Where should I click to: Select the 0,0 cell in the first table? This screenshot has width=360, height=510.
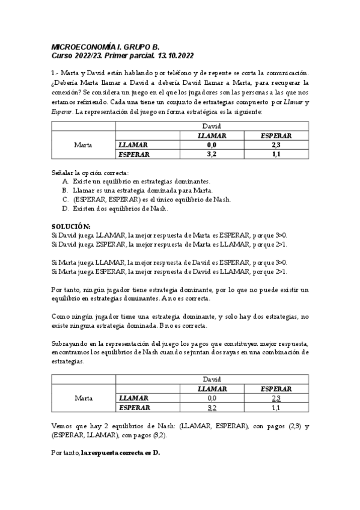pyautogui.click(x=212, y=145)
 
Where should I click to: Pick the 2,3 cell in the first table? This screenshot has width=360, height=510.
pyautogui.click(x=276, y=145)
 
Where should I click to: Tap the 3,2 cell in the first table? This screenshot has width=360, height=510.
pyautogui.click(x=212, y=154)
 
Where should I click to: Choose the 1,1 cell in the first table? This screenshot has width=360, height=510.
pyautogui.click(x=276, y=154)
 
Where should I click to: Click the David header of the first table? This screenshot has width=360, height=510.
pyautogui.click(x=212, y=126)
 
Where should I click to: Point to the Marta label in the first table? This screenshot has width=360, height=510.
pyautogui.click(x=83, y=145)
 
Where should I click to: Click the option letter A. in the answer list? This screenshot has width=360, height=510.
pyautogui.click(x=66, y=181)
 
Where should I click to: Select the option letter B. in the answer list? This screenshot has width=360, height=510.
pyautogui.click(x=66, y=190)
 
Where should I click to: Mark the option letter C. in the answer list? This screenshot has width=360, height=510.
pyautogui.click(x=66, y=199)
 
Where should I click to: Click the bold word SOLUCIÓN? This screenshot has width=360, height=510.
pyautogui.click(x=71, y=226)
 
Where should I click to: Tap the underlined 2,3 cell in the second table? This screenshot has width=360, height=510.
pyautogui.click(x=276, y=398)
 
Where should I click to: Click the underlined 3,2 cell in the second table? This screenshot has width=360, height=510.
pyautogui.click(x=212, y=407)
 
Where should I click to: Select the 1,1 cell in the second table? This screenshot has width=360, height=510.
pyautogui.click(x=276, y=407)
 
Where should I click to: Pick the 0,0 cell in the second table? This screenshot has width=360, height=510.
pyautogui.click(x=212, y=398)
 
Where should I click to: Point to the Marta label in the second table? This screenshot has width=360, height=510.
pyautogui.click(x=83, y=398)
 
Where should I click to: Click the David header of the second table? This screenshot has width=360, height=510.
pyautogui.click(x=212, y=379)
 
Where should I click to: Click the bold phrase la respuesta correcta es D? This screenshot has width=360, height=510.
pyautogui.click(x=121, y=452)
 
